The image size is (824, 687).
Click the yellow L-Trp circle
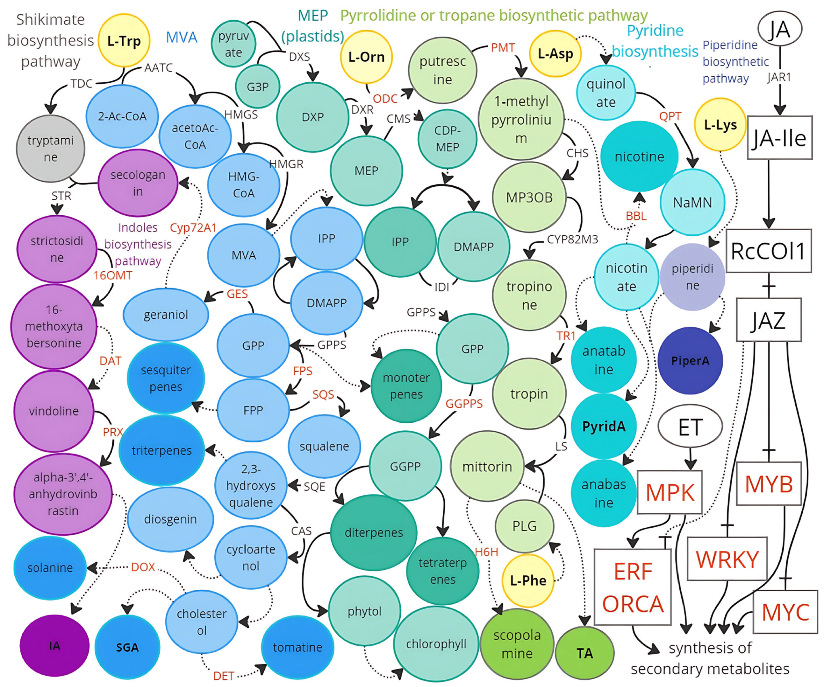pyautogui.click(x=124, y=41)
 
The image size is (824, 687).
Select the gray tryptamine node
pyautogui.click(x=51, y=149)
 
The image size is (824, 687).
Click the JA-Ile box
pyautogui.click(x=779, y=138)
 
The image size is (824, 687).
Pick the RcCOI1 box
pyautogui.click(x=768, y=251)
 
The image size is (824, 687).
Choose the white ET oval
pyautogui.click(x=690, y=427)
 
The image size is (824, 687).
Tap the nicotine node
pyautogui.click(x=639, y=157)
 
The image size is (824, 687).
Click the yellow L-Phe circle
pyautogui.click(x=528, y=580)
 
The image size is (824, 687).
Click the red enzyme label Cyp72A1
pyautogui.click(x=193, y=228)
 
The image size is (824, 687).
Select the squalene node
pyautogui.click(x=324, y=446)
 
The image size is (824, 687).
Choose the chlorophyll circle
pyautogui.click(x=436, y=644)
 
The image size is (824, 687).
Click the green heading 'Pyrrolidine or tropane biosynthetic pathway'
pyautogui.click(x=494, y=16)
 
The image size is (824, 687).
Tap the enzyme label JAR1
pyautogui.click(x=779, y=77)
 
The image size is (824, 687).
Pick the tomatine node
pyautogui.click(x=297, y=647)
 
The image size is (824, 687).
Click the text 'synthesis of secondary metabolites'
pyautogui.click(x=710, y=658)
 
